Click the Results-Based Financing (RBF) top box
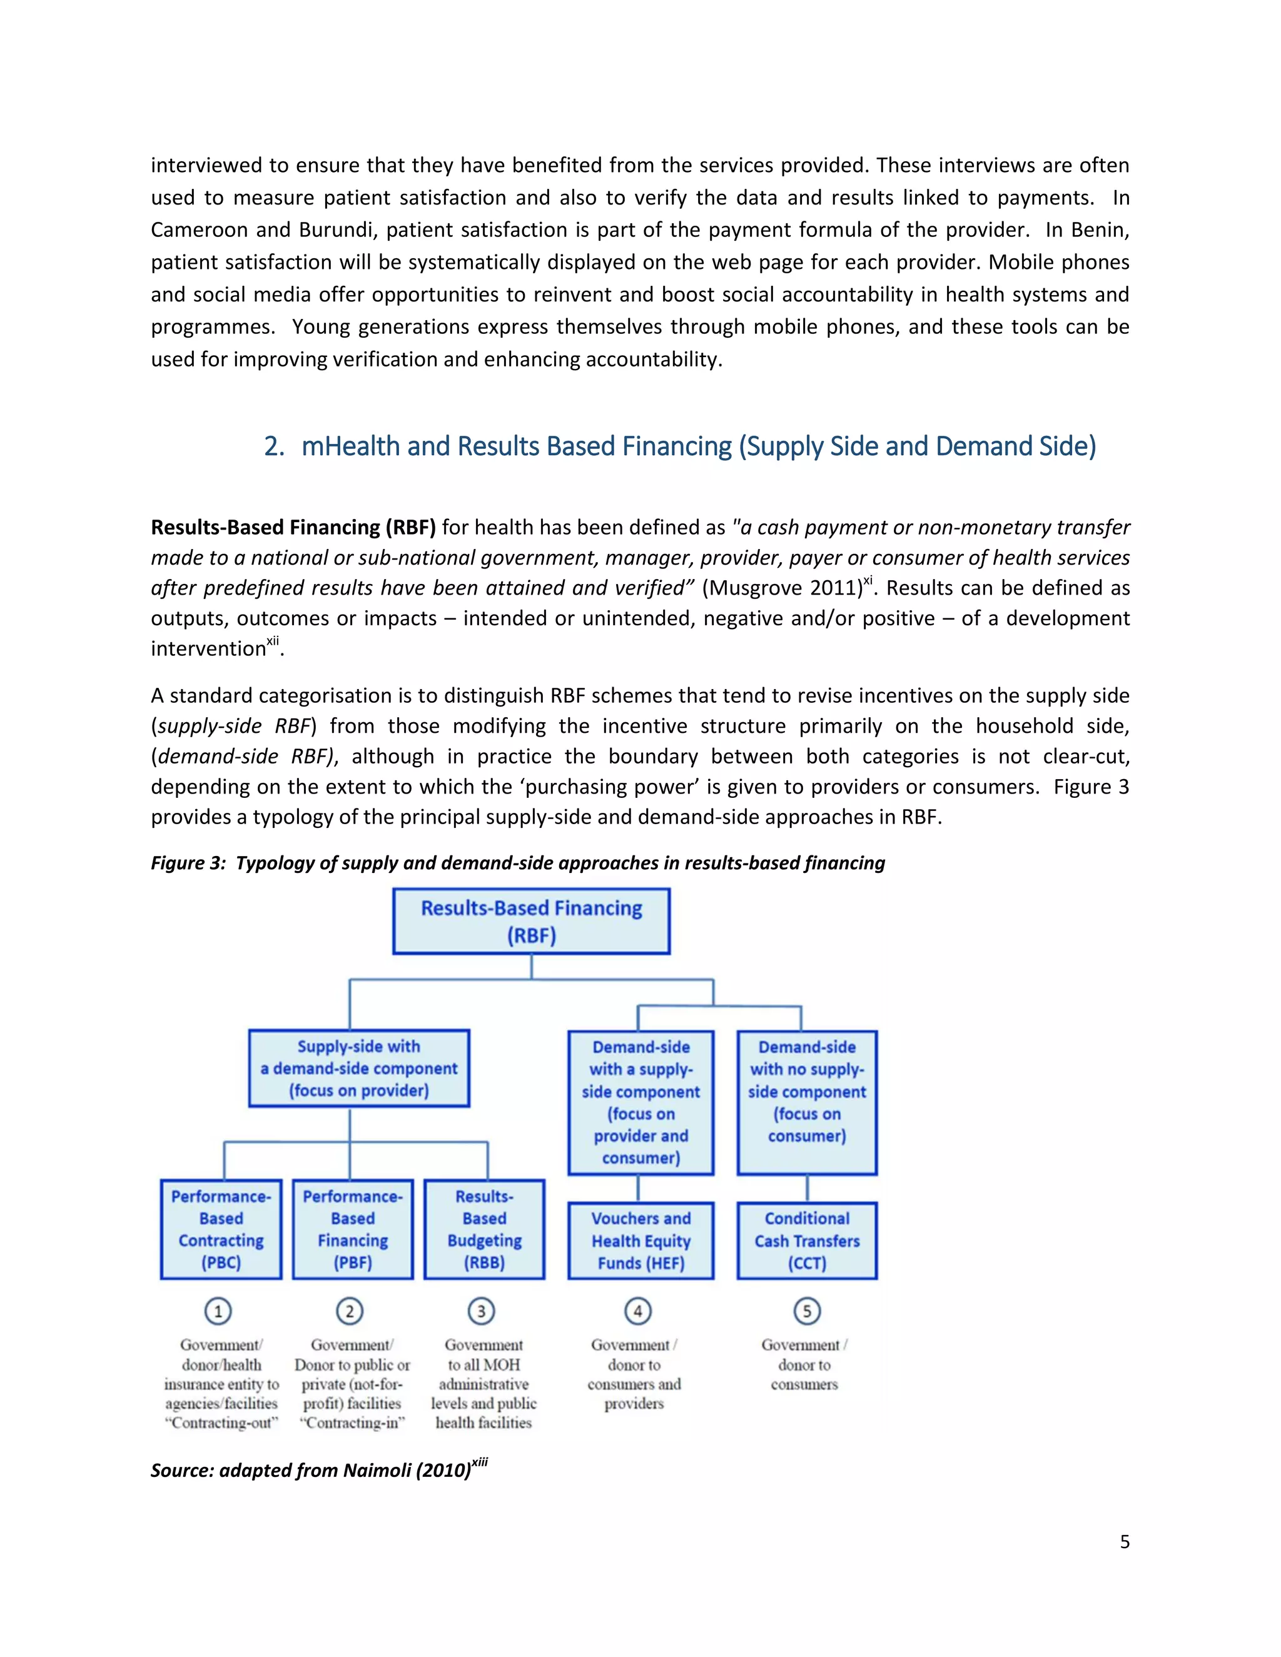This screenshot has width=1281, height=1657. [531, 921]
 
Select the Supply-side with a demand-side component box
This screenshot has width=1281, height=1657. [359, 1068]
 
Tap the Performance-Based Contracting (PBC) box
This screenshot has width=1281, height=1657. [221, 1229]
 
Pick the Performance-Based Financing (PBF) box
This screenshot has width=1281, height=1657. [353, 1229]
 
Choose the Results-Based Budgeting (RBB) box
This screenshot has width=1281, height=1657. [484, 1229]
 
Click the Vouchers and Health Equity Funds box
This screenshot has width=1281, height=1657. [641, 1241]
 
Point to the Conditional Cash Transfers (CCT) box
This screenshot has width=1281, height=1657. [807, 1241]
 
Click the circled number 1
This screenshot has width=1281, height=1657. [218, 1311]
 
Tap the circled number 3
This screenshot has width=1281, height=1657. [481, 1311]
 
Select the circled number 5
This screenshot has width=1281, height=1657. [807, 1311]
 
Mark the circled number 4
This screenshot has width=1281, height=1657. [638, 1311]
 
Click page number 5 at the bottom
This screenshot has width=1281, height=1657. [1125, 1542]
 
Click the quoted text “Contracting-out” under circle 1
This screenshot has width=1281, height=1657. [221, 1423]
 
